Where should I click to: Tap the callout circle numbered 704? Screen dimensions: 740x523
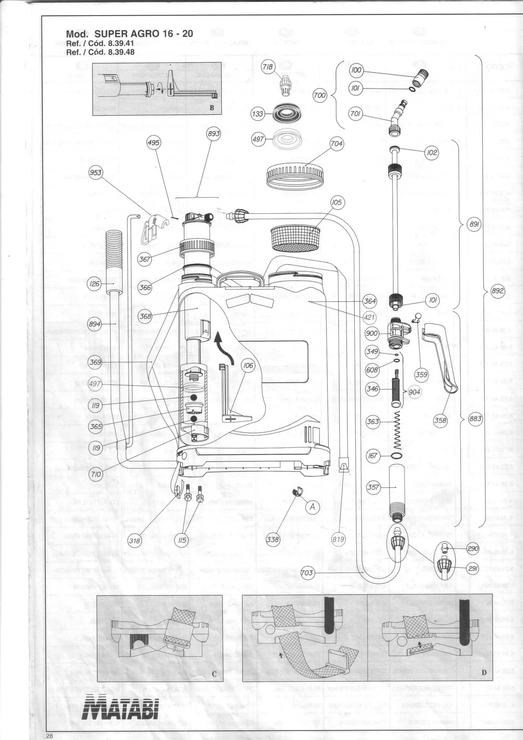pyautogui.click(x=336, y=144)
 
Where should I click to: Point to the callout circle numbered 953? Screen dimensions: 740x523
pyautogui.click(x=96, y=172)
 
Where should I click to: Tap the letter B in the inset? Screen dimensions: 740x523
pyautogui.click(x=212, y=108)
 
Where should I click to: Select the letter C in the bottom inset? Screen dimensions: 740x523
pyautogui.click(x=214, y=674)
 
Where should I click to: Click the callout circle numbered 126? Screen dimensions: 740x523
pyautogui.click(x=95, y=284)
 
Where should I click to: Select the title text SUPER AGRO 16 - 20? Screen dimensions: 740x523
pyautogui.click(x=144, y=34)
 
